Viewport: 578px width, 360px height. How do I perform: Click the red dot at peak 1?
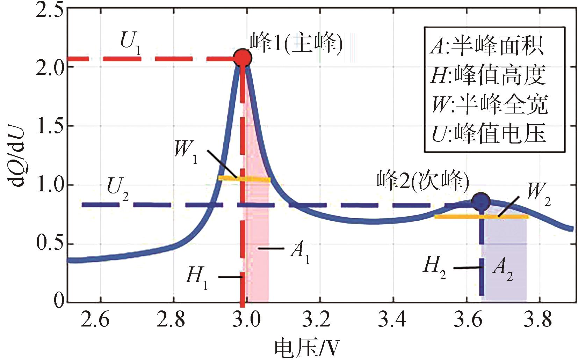pos(243,58)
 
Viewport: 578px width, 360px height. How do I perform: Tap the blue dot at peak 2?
pos(481,201)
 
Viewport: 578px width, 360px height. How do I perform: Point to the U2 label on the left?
pos(117,189)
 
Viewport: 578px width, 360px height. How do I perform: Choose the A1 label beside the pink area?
pos(299,252)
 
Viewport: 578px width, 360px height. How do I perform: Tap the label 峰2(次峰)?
pos(422,181)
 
